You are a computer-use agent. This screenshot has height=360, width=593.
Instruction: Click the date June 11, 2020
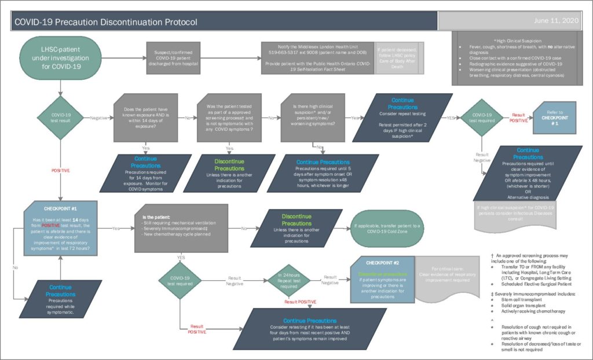561,21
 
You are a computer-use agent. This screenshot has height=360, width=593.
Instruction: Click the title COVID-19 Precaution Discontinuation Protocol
106,22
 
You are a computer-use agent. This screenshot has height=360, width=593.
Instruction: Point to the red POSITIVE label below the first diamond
60,171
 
